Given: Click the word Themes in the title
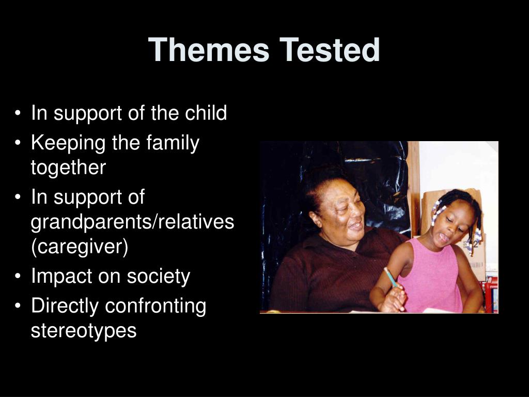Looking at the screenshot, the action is (209, 50).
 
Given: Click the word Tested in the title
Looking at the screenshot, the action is (330, 50).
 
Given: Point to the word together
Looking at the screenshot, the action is (68, 168).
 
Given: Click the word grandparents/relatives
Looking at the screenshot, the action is (132, 222).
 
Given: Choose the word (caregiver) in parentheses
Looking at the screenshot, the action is (80, 247).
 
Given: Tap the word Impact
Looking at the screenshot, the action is (61, 276).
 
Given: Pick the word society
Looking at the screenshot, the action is (159, 276).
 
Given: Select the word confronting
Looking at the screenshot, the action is (155, 306).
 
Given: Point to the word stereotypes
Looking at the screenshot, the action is (84, 330).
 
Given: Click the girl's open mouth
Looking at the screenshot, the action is (443, 238).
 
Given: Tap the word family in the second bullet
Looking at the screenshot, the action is (173, 143).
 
